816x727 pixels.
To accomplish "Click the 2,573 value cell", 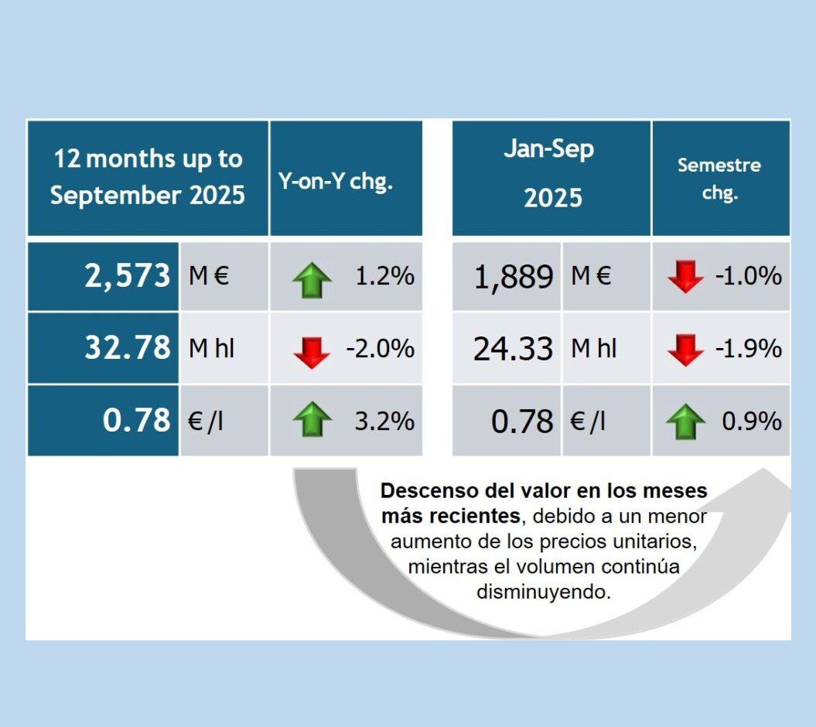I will click(x=127, y=276).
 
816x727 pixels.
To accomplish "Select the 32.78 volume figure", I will click(x=127, y=348).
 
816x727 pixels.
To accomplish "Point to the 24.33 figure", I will click(x=514, y=350).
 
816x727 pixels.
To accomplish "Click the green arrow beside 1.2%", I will click(x=312, y=280).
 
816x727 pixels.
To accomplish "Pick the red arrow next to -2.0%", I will click(x=312, y=351).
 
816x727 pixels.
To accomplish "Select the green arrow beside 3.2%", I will click(x=312, y=422).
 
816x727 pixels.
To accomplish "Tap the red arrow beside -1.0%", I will click(x=685, y=276).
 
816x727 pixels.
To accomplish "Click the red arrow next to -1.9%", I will click(x=685, y=349).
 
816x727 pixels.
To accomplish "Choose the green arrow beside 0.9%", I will click(x=685, y=422).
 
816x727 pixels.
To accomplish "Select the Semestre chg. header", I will click(x=719, y=179).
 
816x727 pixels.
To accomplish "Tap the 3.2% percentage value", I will click(x=384, y=422).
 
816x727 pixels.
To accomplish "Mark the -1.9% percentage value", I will click(x=748, y=349).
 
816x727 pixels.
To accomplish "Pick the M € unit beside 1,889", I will click(x=591, y=276).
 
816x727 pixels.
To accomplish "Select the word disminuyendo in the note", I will click(x=544, y=592).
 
